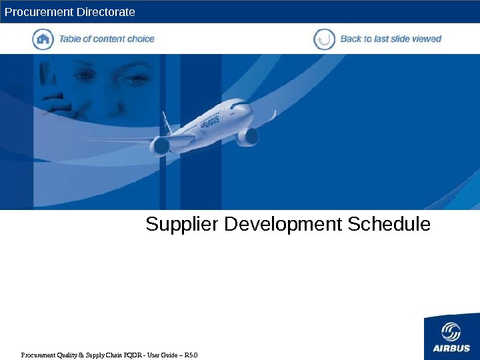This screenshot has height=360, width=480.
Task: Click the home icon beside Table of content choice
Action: tap(43, 39)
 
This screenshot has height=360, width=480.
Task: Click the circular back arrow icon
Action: tap(324, 39)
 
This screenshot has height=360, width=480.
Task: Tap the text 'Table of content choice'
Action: tap(107, 39)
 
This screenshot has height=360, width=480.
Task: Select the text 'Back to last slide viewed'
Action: tap(391, 39)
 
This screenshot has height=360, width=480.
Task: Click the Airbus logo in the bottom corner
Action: tap(451, 337)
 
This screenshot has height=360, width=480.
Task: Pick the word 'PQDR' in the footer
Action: tap(133, 353)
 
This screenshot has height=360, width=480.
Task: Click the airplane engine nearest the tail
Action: tap(160, 145)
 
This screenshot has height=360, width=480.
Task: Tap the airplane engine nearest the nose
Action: tap(248, 136)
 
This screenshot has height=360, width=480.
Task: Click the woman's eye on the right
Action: tap(136, 79)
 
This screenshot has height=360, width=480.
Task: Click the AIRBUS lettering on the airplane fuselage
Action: tap(211, 122)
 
